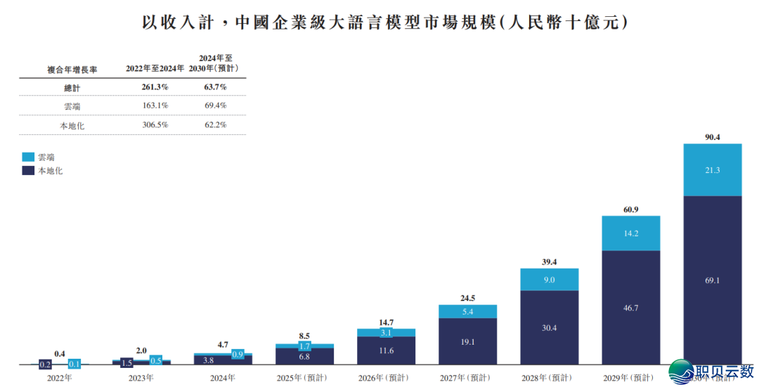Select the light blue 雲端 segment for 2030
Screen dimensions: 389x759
[712, 170]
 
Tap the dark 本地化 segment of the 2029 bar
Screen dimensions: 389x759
[630, 307]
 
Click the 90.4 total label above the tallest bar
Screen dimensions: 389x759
[712, 136]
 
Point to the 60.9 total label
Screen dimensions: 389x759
[630, 209]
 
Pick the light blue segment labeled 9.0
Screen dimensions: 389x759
[549, 279]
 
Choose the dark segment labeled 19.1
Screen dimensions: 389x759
[467, 342]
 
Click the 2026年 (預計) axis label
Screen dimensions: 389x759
[386, 378]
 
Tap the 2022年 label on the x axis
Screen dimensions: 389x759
[59, 378]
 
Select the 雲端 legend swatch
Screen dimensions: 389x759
[29, 157]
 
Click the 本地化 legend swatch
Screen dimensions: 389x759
[29, 170]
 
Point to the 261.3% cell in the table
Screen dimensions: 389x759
[155, 87]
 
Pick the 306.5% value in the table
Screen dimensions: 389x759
[155, 125]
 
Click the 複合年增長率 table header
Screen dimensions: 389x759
[72, 69]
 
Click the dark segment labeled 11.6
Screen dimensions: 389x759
[386, 350]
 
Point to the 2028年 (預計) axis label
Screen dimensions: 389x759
[549, 378]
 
